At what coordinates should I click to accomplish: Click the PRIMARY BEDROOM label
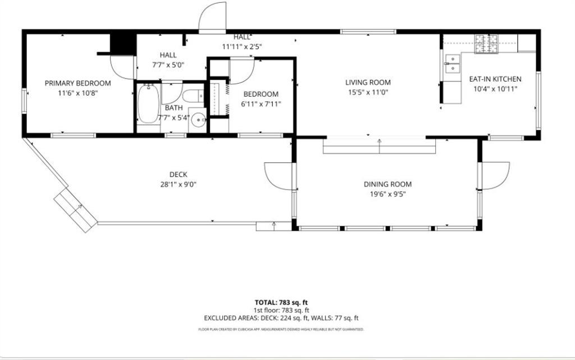coord(77,83)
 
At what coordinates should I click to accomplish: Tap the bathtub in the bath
coord(148,104)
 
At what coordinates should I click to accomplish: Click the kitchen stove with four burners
coord(486,44)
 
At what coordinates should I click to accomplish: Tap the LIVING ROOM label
coord(368,83)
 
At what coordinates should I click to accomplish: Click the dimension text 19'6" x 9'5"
coord(387,194)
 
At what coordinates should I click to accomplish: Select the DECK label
coord(178,175)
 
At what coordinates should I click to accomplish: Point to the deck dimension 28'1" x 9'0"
coord(178,184)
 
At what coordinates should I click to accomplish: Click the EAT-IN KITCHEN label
coord(495,79)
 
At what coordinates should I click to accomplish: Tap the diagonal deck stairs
coord(76,210)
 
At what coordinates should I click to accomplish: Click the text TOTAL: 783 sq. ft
coord(281,303)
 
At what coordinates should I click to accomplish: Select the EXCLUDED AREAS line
coord(281,318)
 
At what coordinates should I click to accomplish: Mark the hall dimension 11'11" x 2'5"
coord(241,47)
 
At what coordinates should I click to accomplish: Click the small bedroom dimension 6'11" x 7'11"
coord(261,104)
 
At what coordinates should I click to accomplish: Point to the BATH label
coord(174,108)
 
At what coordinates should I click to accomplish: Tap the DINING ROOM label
coord(387,184)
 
